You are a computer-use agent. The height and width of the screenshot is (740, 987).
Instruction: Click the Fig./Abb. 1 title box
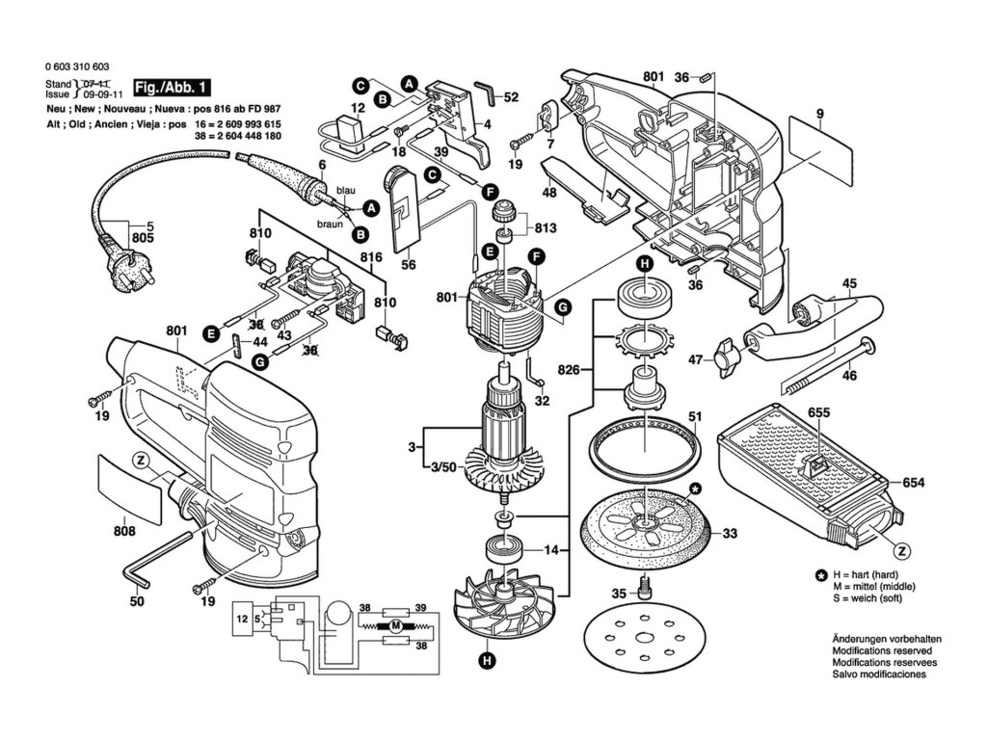172,88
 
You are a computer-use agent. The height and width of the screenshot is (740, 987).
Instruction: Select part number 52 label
511,97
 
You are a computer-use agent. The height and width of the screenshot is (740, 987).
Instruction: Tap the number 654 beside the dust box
913,483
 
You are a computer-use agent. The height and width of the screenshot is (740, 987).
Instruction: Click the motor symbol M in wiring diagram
396,625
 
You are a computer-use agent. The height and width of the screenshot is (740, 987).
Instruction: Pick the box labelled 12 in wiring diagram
242,619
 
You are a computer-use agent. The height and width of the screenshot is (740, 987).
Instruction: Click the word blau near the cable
346,190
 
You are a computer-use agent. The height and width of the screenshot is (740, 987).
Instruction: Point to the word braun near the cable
330,224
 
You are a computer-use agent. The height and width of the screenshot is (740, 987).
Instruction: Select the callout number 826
569,370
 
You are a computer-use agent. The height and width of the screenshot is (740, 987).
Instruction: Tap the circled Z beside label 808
141,461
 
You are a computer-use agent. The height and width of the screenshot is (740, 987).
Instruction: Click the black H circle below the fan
487,660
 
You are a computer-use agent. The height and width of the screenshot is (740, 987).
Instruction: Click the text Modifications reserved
882,650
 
